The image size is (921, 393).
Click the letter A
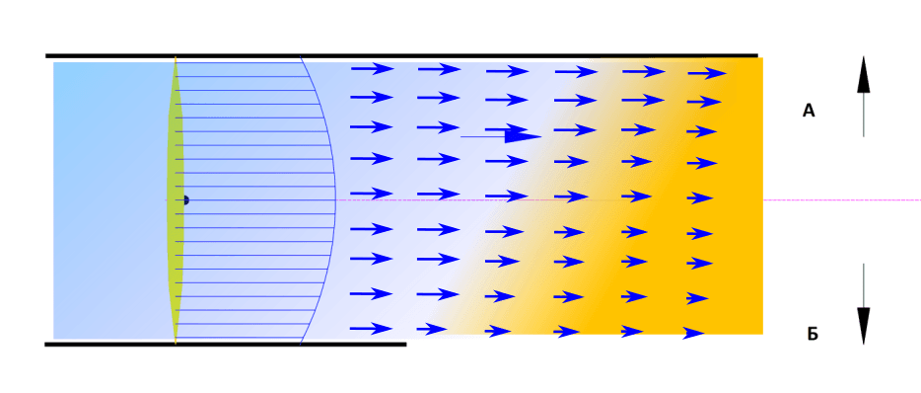809,111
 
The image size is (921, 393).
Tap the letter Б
813,335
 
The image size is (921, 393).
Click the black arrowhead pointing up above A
863,74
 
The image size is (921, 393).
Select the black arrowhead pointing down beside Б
863,326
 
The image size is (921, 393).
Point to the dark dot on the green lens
185,200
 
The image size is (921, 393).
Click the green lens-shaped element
176,200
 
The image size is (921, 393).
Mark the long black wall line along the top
401,56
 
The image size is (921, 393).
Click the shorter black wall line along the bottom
226,345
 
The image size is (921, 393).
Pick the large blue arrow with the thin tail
501,135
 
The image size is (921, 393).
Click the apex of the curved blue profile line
335,200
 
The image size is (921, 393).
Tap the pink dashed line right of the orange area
842,200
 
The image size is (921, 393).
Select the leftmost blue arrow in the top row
373,69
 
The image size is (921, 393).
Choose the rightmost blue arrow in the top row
707,73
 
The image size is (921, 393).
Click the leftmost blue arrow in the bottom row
371,328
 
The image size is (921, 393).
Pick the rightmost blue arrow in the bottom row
693,333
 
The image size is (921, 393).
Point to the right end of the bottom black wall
406,345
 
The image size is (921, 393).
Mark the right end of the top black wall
757,56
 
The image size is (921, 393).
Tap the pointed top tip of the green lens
176,58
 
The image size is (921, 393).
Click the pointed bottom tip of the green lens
176,342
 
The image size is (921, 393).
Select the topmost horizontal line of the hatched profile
238,62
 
